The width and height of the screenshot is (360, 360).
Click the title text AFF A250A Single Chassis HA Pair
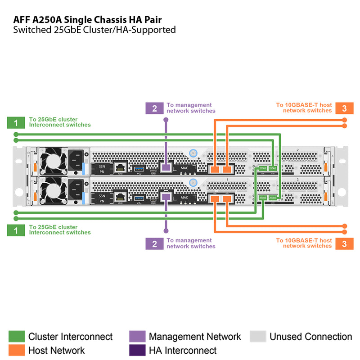pyautogui.click(x=88, y=19)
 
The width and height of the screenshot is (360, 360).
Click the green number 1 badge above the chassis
pyautogui.click(x=16, y=122)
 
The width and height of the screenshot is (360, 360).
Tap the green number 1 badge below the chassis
pyautogui.click(x=16, y=230)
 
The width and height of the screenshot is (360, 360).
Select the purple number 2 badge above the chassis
pyautogui.click(x=155, y=108)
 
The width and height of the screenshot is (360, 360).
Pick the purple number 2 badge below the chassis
pyautogui.click(x=155, y=243)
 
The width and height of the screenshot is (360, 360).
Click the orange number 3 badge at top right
pyautogui.click(x=344, y=108)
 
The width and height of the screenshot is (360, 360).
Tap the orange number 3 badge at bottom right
pyautogui.click(x=344, y=243)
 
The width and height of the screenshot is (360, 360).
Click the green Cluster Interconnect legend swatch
pyautogui.click(x=16, y=337)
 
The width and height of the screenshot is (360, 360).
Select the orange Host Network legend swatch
pyautogui.click(x=16, y=350)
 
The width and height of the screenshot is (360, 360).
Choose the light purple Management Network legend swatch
pyautogui.click(x=137, y=337)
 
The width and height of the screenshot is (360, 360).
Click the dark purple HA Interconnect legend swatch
pyautogui.click(x=137, y=350)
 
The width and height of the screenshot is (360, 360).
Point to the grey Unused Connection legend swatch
pyautogui.click(x=257, y=337)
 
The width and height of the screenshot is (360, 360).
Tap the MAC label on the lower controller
pyautogui.click(x=184, y=198)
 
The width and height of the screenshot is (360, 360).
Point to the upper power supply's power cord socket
pyautogui.click(x=75, y=160)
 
